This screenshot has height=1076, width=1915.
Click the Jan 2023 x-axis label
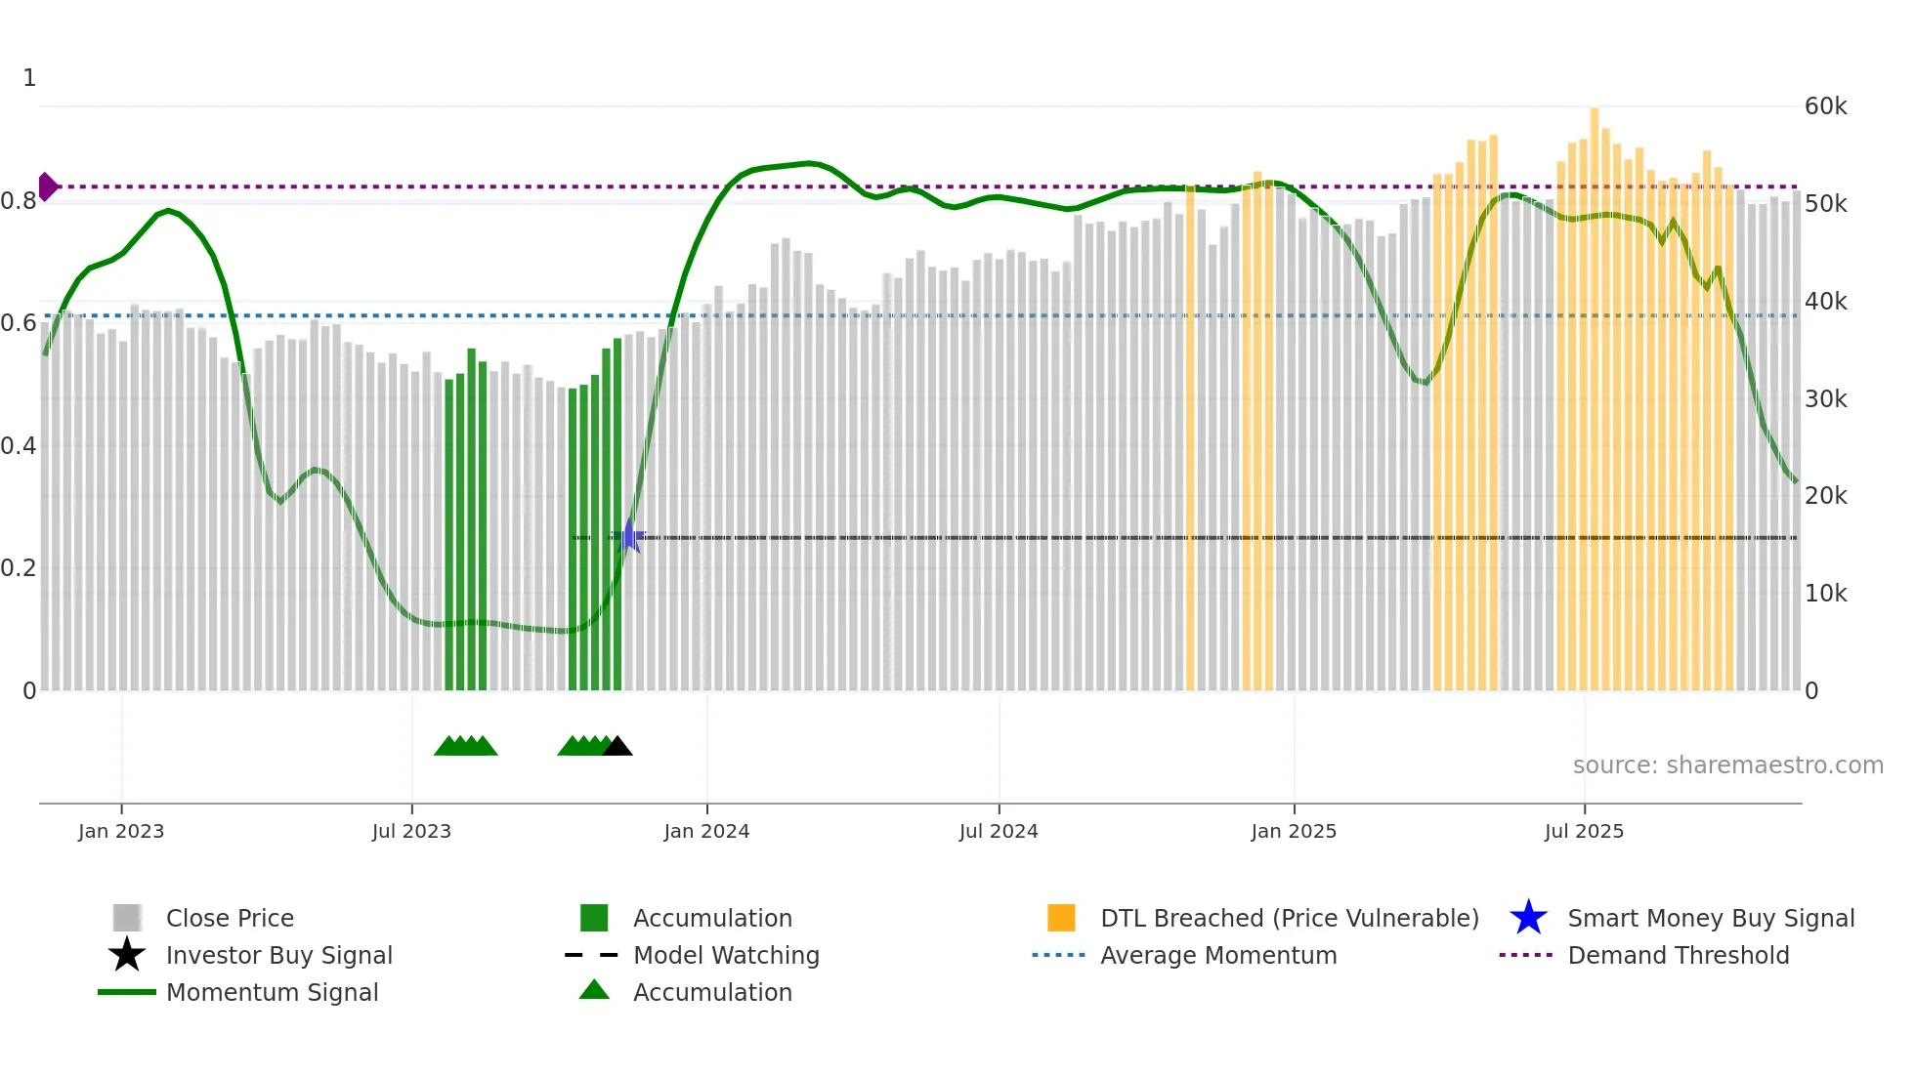[121, 831]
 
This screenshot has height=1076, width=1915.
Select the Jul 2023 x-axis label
[411, 831]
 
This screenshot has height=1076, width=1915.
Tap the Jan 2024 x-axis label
[706, 831]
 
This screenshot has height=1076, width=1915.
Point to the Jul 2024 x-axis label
[999, 831]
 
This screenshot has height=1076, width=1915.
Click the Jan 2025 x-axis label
[1294, 831]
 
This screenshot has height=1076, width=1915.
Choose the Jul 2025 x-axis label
[1584, 831]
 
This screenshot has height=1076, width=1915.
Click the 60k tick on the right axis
[1825, 106]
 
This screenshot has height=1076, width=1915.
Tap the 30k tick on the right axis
[1825, 399]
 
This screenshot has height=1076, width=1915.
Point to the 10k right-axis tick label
[1825, 594]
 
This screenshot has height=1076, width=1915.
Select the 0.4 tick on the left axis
[19, 446]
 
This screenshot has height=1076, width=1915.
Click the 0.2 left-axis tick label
[19, 568]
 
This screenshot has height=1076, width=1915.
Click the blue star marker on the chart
[630, 536]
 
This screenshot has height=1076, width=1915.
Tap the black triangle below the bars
[617, 747]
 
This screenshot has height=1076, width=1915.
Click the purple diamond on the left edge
[47, 186]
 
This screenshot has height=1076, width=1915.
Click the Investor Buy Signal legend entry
[278, 955]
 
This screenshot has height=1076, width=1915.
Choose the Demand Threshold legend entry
[1678, 955]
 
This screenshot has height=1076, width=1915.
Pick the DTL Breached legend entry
[1289, 918]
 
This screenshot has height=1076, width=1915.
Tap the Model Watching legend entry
[725, 955]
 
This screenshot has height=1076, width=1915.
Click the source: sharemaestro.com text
[1727, 766]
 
